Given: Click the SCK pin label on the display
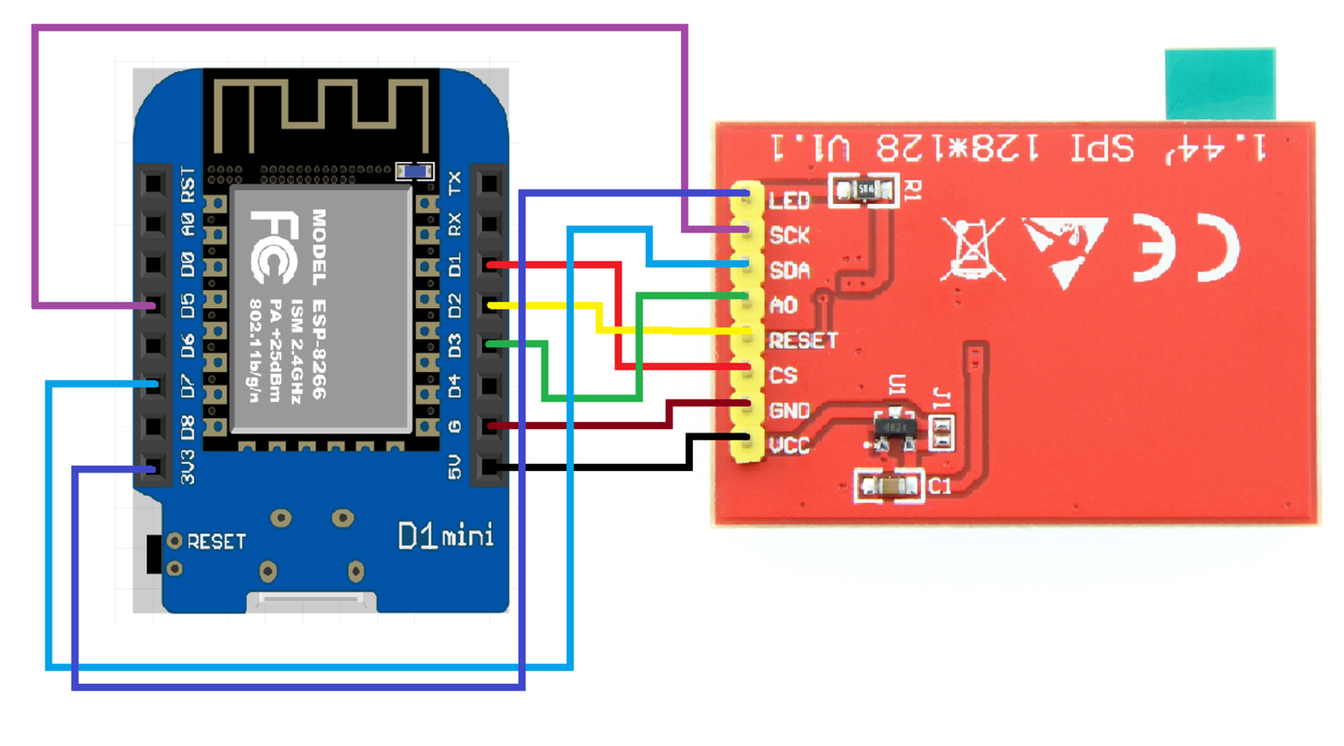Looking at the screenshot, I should (789, 236).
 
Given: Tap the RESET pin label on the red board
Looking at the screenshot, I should (803, 341).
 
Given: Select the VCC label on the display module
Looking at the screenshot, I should (789, 446).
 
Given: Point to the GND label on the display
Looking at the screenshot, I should (789, 411).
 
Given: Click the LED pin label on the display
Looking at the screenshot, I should (789, 201).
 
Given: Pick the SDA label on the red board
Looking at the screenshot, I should (789, 271).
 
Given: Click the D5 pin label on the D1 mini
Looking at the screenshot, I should (188, 305).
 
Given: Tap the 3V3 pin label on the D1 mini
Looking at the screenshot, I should (188, 468).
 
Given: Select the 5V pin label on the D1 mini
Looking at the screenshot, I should (454, 467).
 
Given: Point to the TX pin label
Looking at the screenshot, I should (454, 183).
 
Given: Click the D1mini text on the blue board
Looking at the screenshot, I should (445, 535).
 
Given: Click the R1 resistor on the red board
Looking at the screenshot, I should (864, 189).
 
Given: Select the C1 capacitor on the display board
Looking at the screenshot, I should (889, 486).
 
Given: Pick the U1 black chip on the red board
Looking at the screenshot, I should (895, 427).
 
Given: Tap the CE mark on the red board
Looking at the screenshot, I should (1186, 248).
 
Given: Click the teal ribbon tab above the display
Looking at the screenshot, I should (1220, 84).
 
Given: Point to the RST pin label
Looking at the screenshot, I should (188, 185).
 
